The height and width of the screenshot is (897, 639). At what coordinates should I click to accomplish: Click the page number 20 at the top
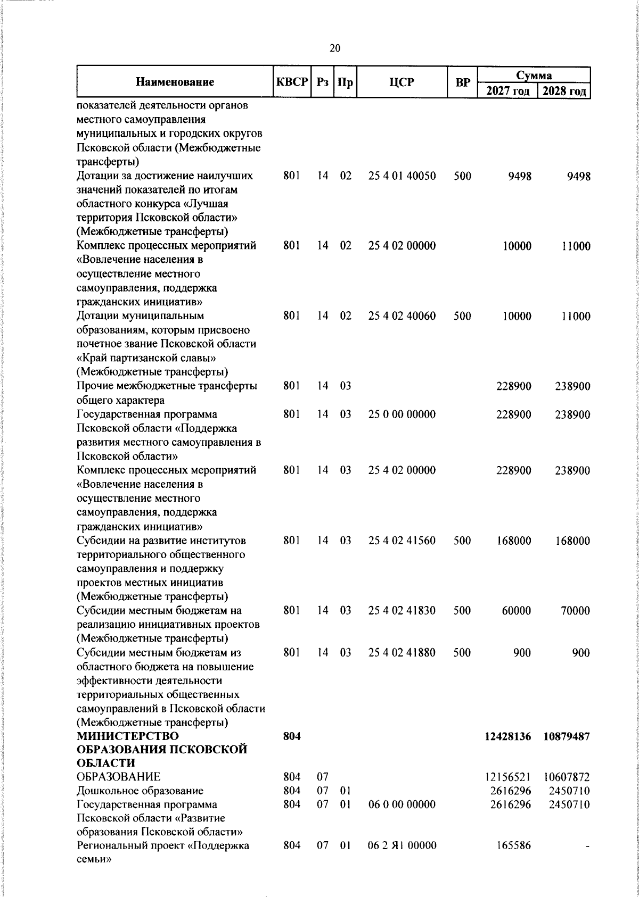[335, 48]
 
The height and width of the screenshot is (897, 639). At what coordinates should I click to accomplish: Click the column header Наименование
[175, 82]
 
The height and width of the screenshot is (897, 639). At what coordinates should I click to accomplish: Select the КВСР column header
[292, 82]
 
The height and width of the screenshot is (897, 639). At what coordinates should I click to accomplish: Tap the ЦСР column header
[402, 82]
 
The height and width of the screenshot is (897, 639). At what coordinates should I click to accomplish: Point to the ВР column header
[463, 82]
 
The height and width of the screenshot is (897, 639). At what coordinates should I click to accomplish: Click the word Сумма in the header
[534, 74]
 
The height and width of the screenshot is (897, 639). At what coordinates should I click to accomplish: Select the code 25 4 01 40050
[402, 176]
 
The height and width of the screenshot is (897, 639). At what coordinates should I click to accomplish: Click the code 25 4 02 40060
[402, 316]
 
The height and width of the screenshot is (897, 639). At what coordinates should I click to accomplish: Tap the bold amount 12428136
[508, 736]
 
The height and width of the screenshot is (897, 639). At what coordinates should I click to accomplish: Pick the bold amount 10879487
[567, 736]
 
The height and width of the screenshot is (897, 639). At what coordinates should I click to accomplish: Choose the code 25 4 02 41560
[402, 541]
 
